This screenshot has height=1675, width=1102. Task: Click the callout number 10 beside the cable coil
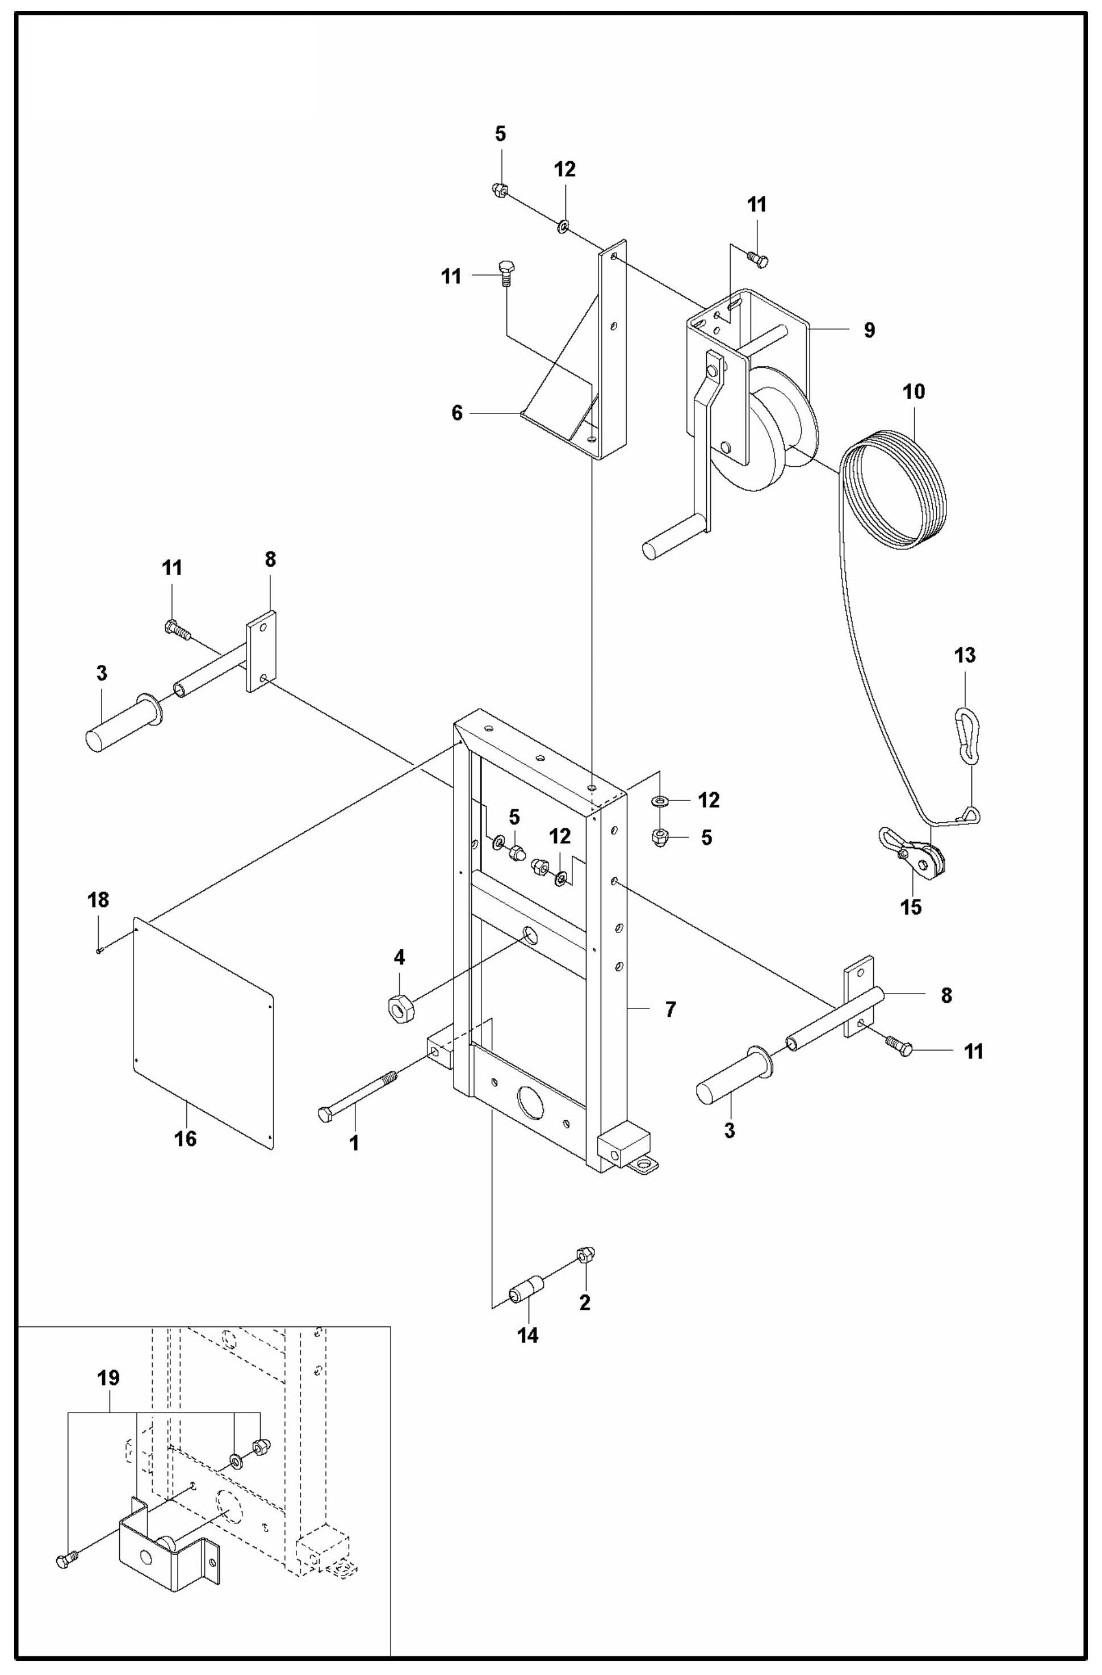point(914,391)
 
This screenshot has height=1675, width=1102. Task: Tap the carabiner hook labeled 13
point(966,735)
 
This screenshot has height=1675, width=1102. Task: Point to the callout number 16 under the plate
point(185,1138)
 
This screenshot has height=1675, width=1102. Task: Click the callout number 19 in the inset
point(108,1377)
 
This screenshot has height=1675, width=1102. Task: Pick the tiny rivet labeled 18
point(100,952)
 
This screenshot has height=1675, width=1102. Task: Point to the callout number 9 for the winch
point(869,329)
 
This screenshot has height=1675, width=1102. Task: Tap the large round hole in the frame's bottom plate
point(531,1102)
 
